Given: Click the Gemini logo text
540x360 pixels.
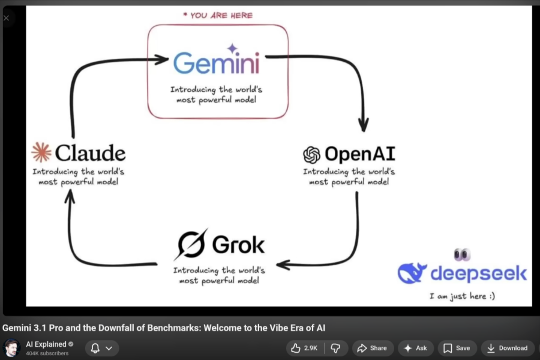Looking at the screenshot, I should tap(216, 63).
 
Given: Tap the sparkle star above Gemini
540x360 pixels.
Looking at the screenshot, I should tap(232, 49).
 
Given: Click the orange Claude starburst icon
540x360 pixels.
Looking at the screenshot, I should tap(41, 152).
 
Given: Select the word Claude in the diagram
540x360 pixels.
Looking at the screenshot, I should tap(90, 152).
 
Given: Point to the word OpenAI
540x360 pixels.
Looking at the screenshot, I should tap(359, 154).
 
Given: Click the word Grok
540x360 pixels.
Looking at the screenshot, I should tap(238, 245).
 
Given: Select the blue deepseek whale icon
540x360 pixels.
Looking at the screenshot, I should tap(413, 273).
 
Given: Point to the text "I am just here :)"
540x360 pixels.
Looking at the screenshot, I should tap(462, 296).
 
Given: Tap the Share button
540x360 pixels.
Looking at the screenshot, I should tap(372, 348).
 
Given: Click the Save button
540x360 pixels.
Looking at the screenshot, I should tap(457, 348).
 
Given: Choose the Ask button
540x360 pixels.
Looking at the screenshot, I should tap(415, 348).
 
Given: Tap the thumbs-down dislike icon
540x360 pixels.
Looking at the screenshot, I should tap(336, 348).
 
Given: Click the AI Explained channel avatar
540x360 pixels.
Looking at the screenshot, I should tap(12, 348).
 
